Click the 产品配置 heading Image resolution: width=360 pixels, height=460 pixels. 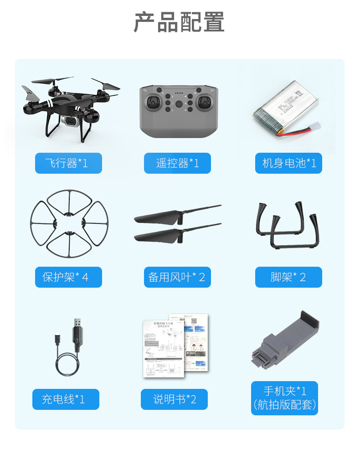click(x=179, y=22)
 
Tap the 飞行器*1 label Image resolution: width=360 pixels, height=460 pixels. click(x=68, y=163)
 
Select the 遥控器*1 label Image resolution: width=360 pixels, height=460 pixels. click(x=177, y=163)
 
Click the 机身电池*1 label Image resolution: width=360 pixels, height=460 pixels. click(x=289, y=163)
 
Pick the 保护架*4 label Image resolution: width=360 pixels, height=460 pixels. click(x=68, y=277)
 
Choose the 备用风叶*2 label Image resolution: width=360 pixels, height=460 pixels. click(x=177, y=277)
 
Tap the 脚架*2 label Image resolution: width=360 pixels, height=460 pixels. click(x=289, y=277)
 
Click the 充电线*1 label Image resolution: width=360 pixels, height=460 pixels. click(x=66, y=399)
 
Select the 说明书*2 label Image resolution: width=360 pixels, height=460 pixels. click(x=174, y=399)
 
